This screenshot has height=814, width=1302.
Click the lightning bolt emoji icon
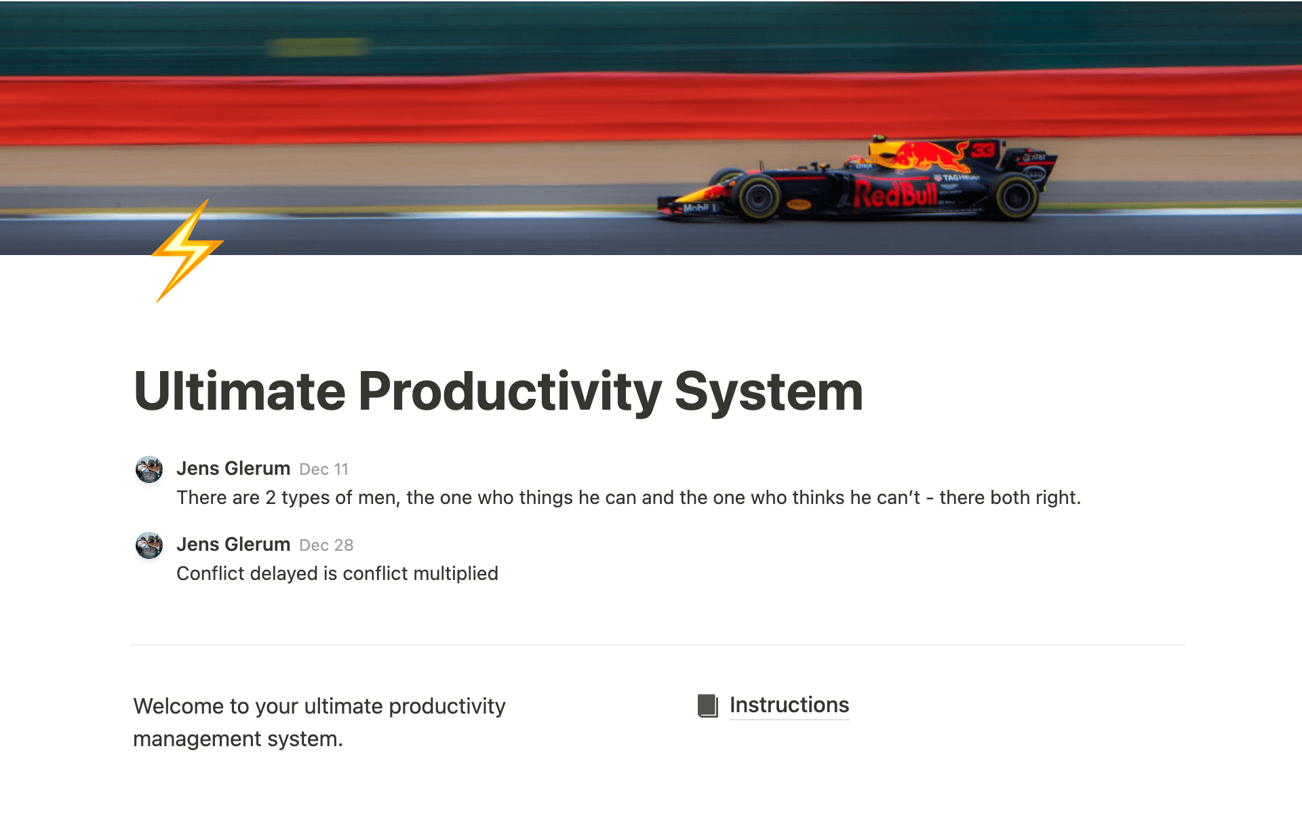point(187,250)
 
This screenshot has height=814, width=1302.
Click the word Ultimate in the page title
point(239,391)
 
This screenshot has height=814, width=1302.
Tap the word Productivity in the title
point(509,391)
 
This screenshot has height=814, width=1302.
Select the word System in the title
point(768,391)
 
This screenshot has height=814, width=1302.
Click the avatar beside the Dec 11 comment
point(149,469)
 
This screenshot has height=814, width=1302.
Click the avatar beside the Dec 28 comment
point(149,545)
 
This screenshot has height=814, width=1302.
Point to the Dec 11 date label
point(323,469)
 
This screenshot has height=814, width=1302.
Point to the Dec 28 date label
point(326,545)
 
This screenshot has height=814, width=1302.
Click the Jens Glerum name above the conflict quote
point(233,545)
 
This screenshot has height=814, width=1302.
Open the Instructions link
point(789,705)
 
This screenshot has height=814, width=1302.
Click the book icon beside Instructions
point(707,705)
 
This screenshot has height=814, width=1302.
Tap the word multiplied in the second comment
point(455,574)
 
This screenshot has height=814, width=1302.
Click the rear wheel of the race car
point(1014,197)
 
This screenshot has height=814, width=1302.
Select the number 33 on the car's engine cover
point(983,150)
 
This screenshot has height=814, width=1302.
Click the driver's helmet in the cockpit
point(855,161)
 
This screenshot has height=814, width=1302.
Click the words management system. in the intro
point(237,739)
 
